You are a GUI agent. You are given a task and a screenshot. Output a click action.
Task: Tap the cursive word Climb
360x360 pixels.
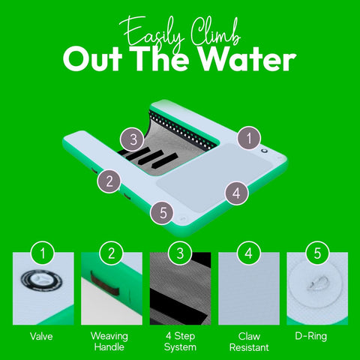click(215, 33)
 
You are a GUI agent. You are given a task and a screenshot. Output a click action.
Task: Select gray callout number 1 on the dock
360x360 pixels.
click(249, 138)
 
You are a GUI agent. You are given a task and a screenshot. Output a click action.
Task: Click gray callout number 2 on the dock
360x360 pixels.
click(109, 181)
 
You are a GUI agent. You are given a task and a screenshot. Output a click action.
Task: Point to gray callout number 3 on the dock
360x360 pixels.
click(133, 139)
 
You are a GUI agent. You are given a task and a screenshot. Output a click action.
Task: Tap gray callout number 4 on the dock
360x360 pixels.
click(236, 193)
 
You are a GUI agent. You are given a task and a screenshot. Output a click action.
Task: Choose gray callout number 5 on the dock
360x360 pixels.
click(162, 212)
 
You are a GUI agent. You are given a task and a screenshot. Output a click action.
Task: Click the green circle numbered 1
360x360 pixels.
click(43, 253)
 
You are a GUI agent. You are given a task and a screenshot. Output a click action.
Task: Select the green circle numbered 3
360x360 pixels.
click(180, 253)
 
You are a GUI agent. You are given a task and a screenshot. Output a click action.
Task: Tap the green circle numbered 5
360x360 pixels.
click(317, 253)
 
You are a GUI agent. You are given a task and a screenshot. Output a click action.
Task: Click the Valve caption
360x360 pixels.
click(41, 336)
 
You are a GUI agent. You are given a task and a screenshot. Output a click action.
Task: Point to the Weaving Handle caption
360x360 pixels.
click(109, 341)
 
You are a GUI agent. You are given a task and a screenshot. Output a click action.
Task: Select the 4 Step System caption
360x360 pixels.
click(180, 341)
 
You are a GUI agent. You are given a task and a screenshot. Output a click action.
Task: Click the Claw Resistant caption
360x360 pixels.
click(249, 342)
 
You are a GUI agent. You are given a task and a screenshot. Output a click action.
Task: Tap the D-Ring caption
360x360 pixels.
click(310, 336)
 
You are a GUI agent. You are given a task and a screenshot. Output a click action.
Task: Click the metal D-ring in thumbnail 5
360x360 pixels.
click(317, 283)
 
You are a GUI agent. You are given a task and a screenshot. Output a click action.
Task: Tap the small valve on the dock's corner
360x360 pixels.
click(264, 151)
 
